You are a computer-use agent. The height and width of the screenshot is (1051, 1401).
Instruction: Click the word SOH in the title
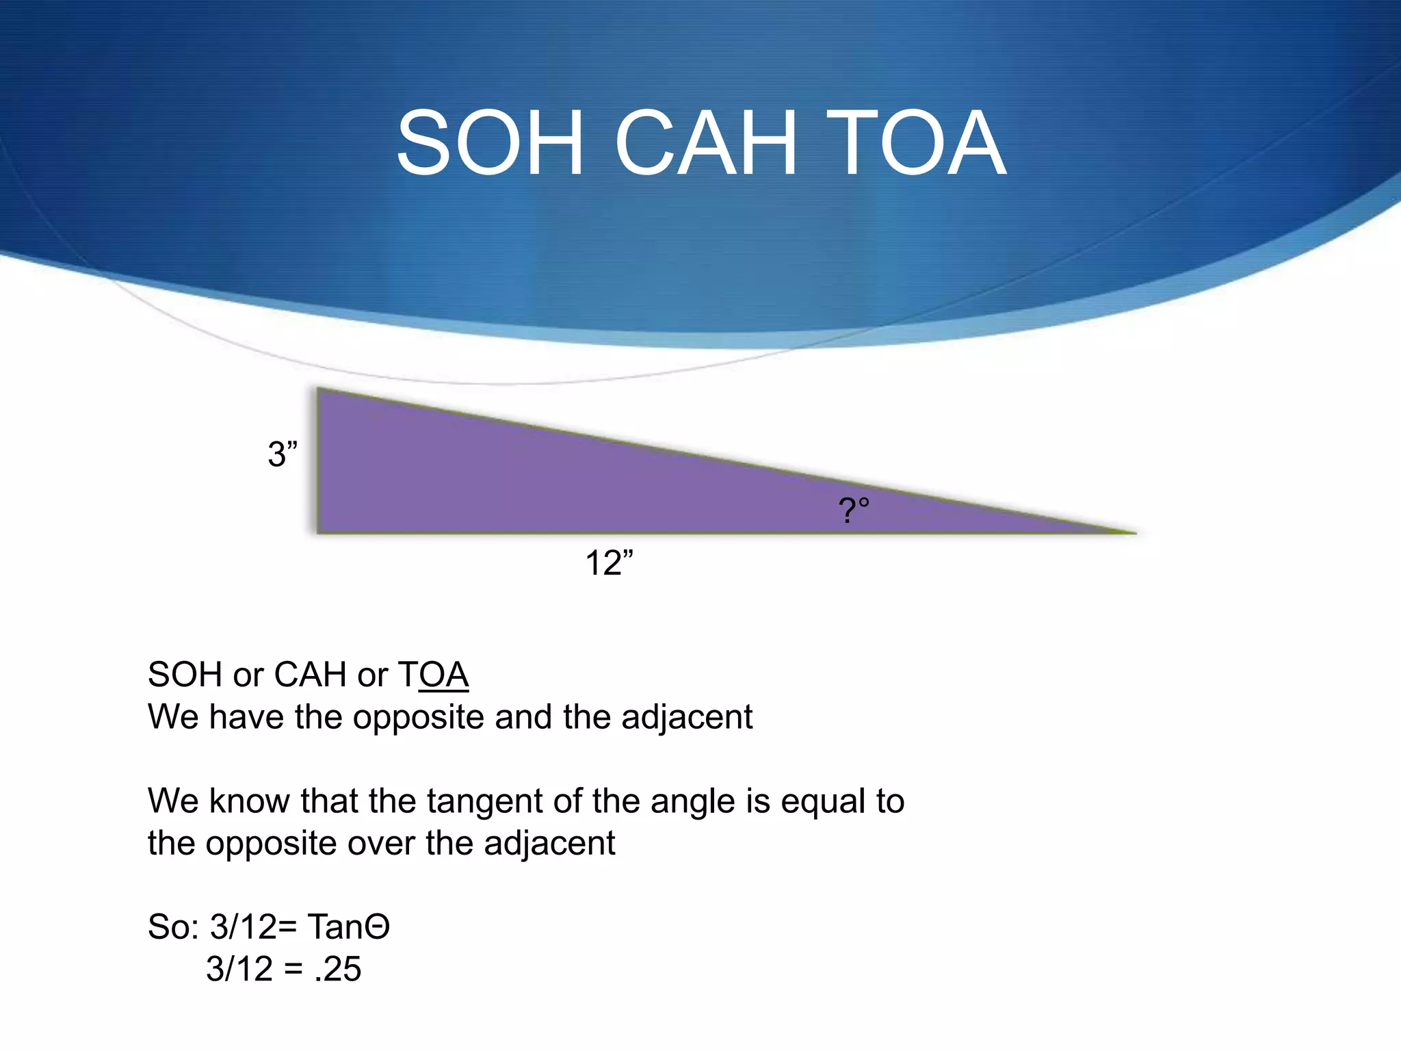(x=490, y=144)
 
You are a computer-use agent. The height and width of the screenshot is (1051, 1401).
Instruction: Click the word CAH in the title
(x=706, y=144)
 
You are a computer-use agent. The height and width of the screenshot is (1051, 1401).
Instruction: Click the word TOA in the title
(x=917, y=144)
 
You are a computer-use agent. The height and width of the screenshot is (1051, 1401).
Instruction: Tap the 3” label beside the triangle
(x=283, y=454)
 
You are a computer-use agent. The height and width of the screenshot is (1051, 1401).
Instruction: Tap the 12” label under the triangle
(x=609, y=563)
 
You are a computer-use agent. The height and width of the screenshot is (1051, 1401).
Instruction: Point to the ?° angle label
(x=854, y=510)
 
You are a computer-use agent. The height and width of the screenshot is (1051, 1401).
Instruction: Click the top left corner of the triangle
(x=319, y=390)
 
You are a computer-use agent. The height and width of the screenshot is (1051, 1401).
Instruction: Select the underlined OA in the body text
(x=443, y=675)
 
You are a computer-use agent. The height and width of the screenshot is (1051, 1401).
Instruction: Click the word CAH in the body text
(x=310, y=675)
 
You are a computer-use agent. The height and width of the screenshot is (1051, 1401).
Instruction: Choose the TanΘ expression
(x=348, y=927)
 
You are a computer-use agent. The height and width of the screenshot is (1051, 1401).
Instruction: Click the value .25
(x=337, y=969)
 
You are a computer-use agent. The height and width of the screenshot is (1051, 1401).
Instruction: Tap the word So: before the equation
(x=173, y=927)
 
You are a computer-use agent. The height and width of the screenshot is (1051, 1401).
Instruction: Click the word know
(x=249, y=801)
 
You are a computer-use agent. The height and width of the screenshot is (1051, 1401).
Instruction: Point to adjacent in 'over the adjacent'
(x=549, y=843)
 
